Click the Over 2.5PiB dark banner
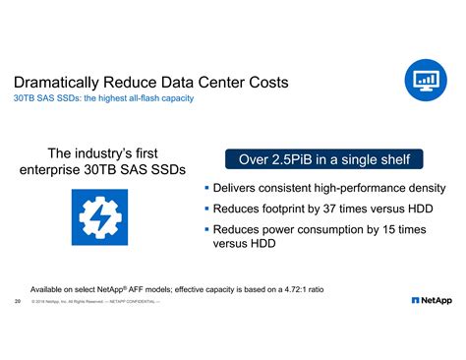click(323, 158)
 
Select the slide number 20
click(19, 301)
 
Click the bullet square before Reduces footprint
click(207, 209)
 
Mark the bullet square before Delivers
click(207, 188)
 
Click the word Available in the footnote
click(52, 289)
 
